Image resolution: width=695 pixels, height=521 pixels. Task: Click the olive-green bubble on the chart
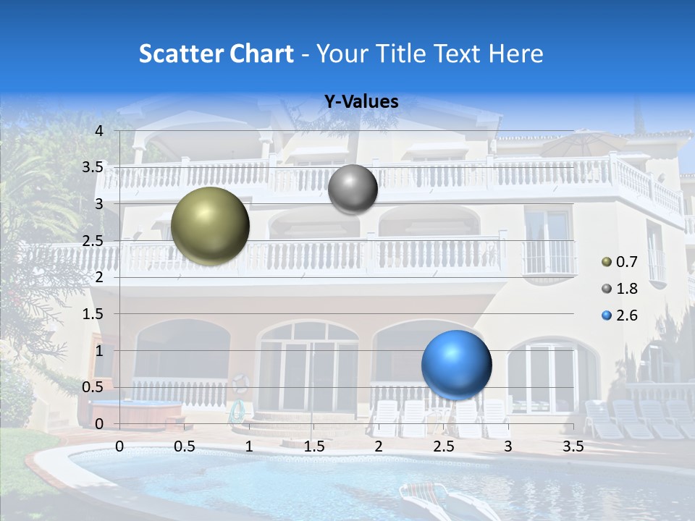(x=210, y=226)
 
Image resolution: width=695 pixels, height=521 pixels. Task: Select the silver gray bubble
(x=353, y=189)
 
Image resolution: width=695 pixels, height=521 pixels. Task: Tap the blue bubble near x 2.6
(x=456, y=365)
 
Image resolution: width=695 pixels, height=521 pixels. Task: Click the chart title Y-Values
(x=361, y=102)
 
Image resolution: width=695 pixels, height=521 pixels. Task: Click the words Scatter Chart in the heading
(x=216, y=54)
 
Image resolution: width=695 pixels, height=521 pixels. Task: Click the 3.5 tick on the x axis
(x=573, y=446)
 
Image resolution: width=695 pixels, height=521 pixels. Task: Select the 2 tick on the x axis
(x=379, y=446)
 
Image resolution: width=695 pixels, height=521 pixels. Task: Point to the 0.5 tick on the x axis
(x=185, y=446)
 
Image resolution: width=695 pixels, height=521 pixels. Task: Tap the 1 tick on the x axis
(x=249, y=446)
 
